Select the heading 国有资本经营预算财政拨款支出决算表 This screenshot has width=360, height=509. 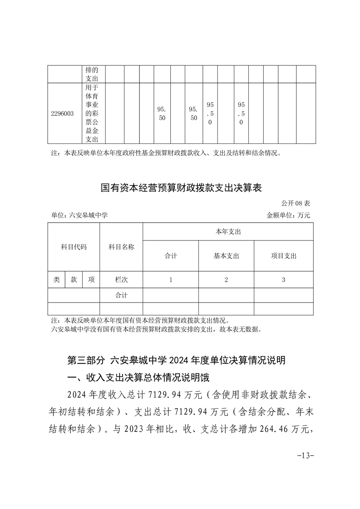click(181, 187)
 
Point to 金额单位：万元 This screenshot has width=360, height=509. click(288, 215)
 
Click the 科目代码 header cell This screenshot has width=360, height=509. click(74, 247)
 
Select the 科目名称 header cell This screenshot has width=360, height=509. click(121, 247)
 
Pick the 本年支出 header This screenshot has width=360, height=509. click(228, 231)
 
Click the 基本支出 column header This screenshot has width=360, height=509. click(226, 256)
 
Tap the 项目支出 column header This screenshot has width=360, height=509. click(283, 256)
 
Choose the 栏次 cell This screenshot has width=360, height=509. click(121, 280)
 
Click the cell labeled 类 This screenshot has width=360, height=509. click(56, 280)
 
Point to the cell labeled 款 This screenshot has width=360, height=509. click(74, 280)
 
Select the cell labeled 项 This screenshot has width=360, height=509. click(91, 280)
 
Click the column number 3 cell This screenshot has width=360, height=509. click(283, 280)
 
